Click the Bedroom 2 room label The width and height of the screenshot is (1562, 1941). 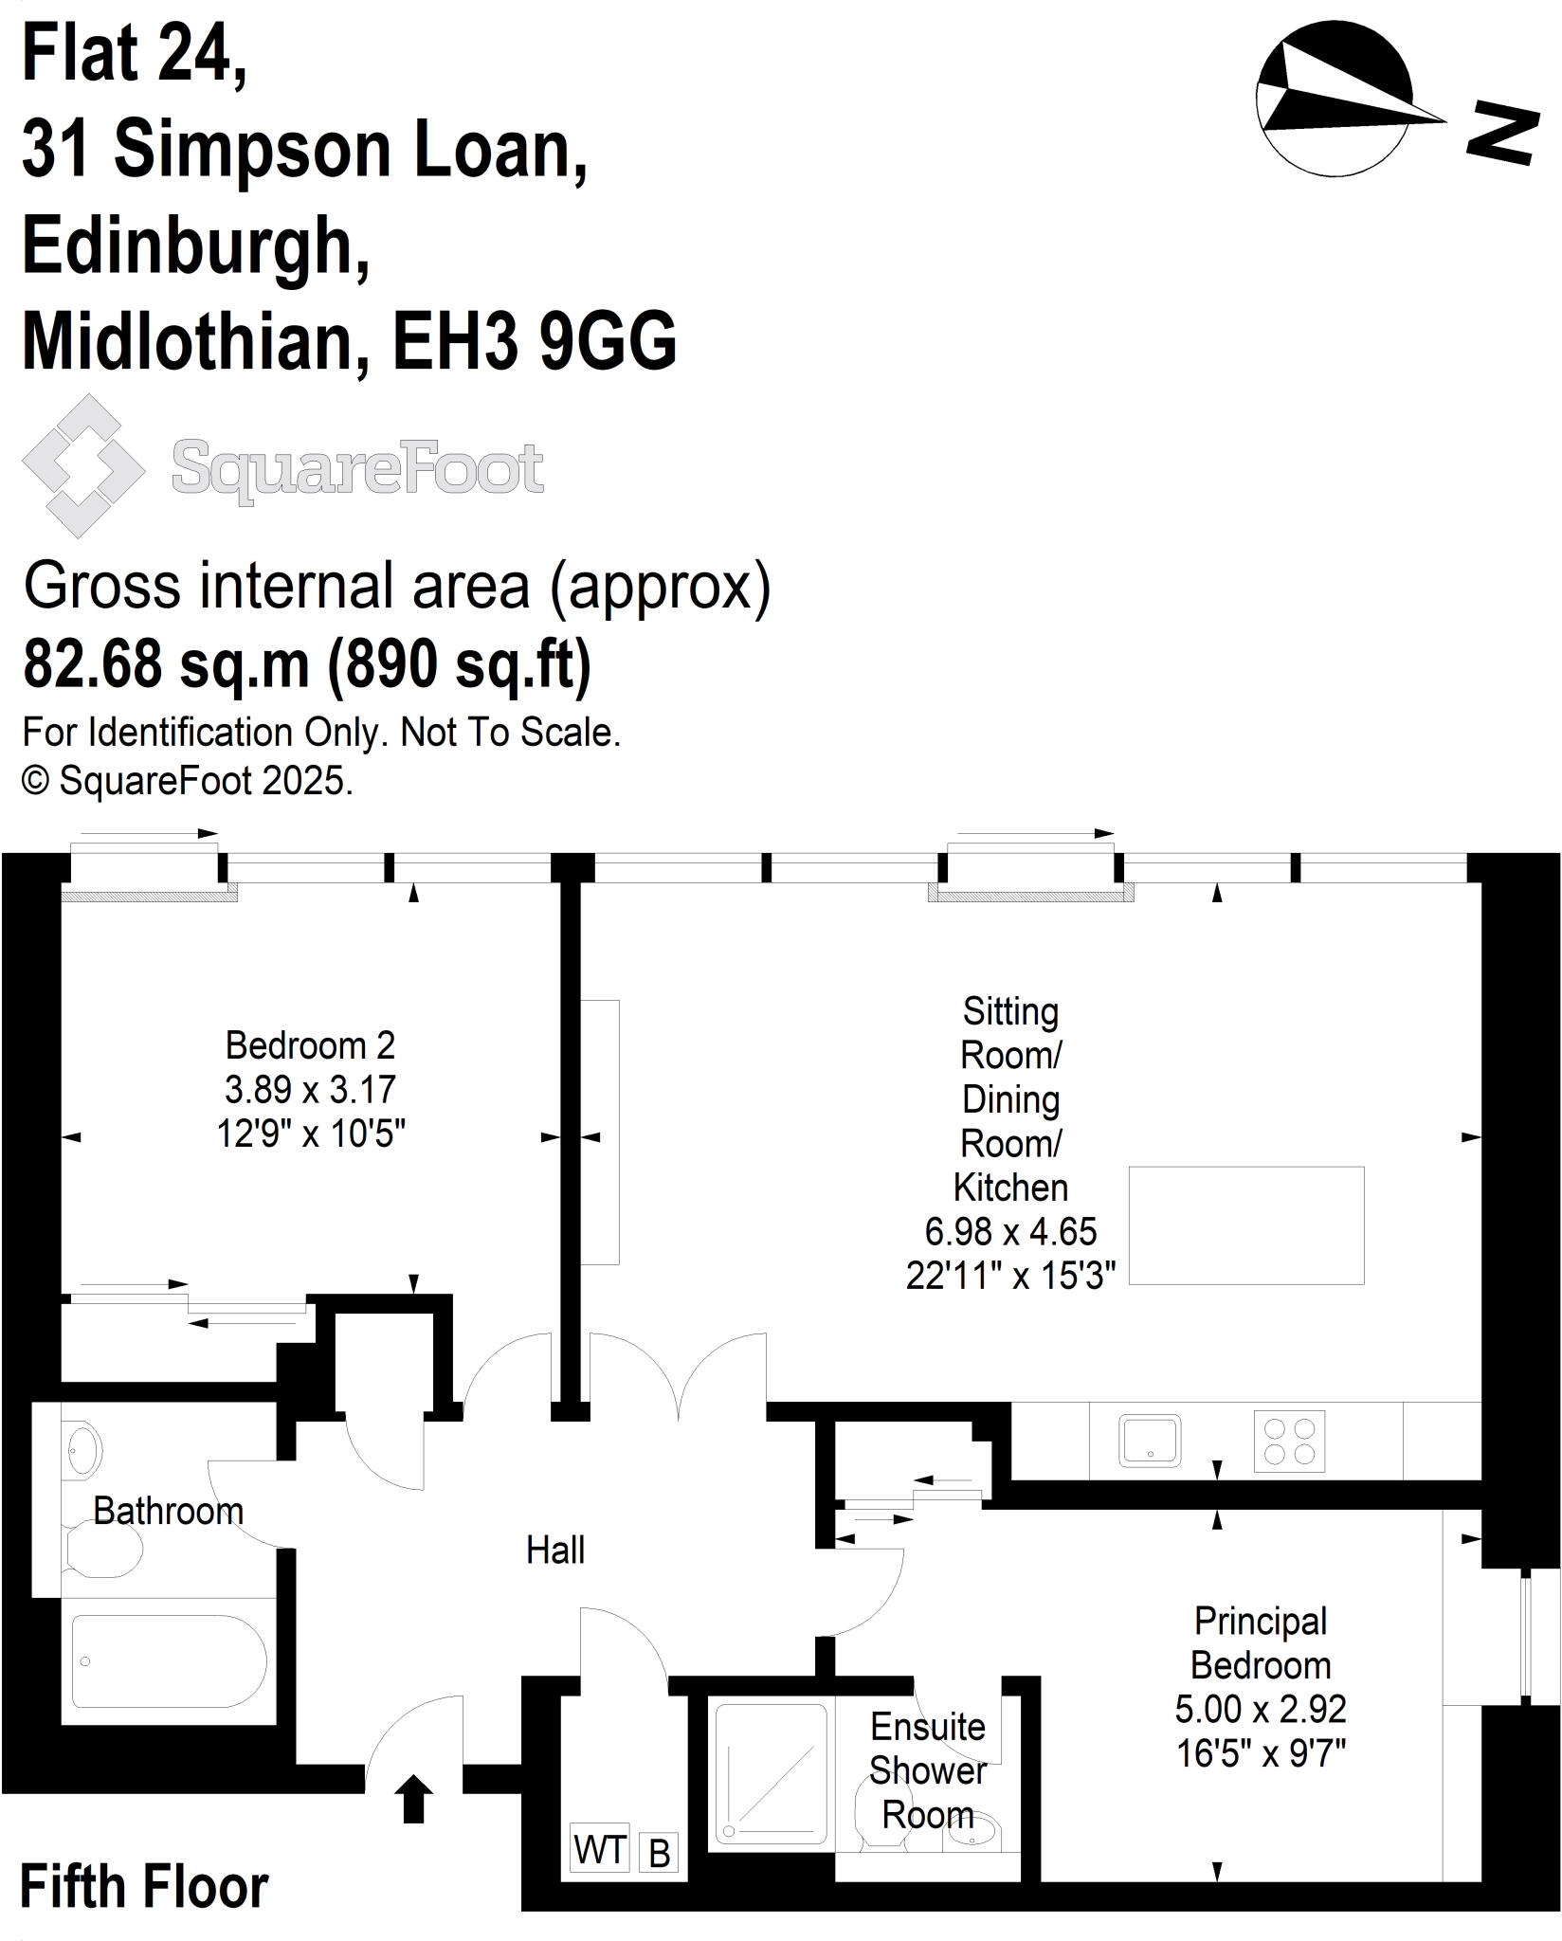(x=310, y=1045)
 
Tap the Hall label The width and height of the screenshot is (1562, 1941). (x=555, y=1551)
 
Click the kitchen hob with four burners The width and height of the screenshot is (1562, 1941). (x=1289, y=1442)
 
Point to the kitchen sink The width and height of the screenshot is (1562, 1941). (x=1150, y=1441)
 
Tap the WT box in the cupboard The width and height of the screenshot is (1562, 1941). (x=600, y=1849)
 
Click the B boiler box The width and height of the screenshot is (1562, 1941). (x=660, y=1853)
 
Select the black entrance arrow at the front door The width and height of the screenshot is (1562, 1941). (x=413, y=1799)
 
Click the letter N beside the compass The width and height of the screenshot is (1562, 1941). (x=1502, y=134)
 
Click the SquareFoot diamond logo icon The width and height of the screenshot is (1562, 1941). (x=83, y=465)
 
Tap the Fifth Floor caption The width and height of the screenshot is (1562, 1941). (x=144, y=1887)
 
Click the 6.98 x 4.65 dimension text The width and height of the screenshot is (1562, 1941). (x=1010, y=1232)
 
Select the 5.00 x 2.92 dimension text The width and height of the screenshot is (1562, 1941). (x=1261, y=1709)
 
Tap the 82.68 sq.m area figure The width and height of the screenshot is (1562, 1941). (x=166, y=663)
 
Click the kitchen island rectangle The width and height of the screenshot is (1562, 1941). (x=1246, y=1225)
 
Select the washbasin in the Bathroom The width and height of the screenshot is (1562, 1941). (x=83, y=1449)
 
